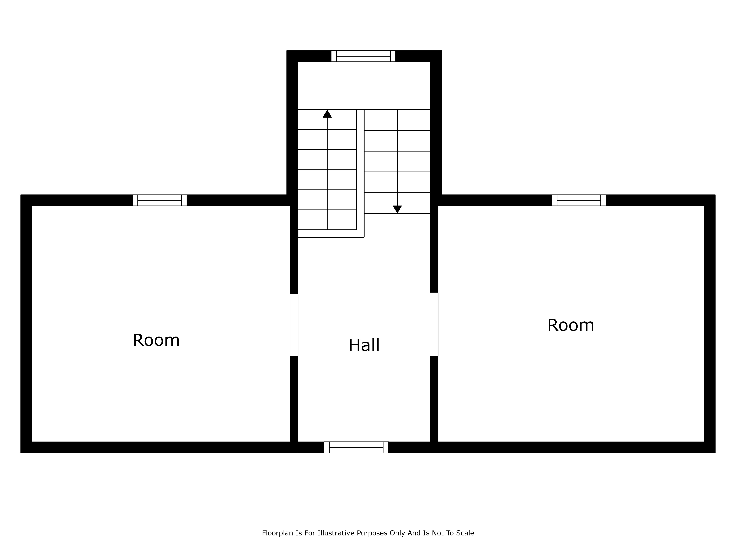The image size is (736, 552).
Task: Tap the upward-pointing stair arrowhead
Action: point(327,114)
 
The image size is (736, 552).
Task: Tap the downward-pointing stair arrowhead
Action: point(397,209)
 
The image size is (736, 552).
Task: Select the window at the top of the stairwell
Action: point(363,56)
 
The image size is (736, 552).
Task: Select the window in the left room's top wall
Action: point(160,200)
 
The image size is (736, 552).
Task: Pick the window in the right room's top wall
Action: point(579,200)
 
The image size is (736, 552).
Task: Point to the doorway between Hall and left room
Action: point(294,325)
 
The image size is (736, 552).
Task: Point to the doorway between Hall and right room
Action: point(434,324)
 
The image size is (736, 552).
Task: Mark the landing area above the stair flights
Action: point(364,86)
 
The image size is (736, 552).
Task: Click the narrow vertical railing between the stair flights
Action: point(360,170)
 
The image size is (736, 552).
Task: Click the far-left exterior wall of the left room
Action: point(26,324)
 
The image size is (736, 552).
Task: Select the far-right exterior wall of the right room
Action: point(709,324)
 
